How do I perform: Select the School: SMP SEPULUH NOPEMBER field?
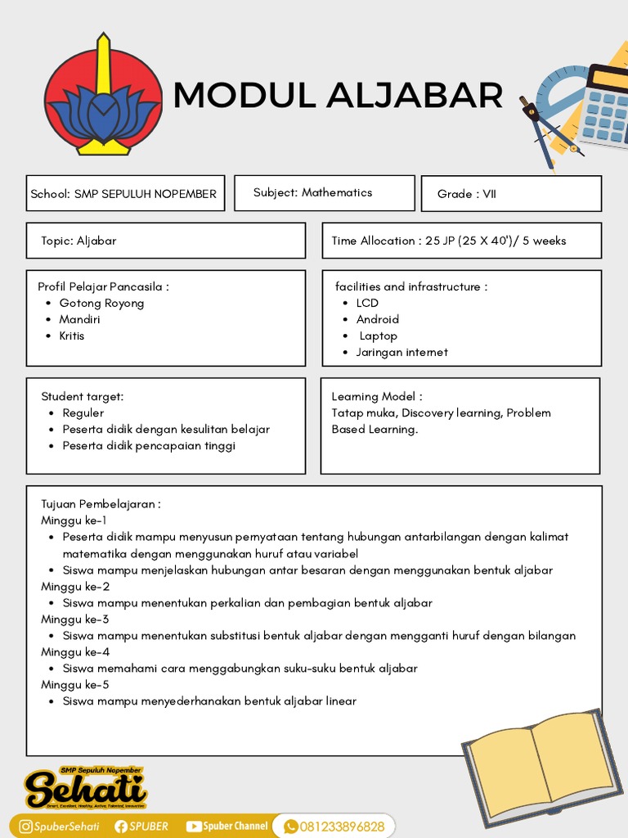(x=124, y=194)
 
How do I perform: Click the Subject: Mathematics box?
(x=324, y=193)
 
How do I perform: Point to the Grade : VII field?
(x=511, y=194)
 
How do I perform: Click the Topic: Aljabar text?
(x=78, y=241)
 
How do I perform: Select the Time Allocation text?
(x=448, y=241)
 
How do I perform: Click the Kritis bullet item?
(x=72, y=336)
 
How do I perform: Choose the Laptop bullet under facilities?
(x=378, y=336)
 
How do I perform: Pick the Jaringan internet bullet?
(x=401, y=352)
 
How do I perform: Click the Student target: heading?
(x=83, y=396)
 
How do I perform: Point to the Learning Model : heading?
(x=377, y=396)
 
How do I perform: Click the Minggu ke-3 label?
(x=75, y=619)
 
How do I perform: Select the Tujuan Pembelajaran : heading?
(x=101, y=504)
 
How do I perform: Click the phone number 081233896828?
(x=342, y=827)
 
